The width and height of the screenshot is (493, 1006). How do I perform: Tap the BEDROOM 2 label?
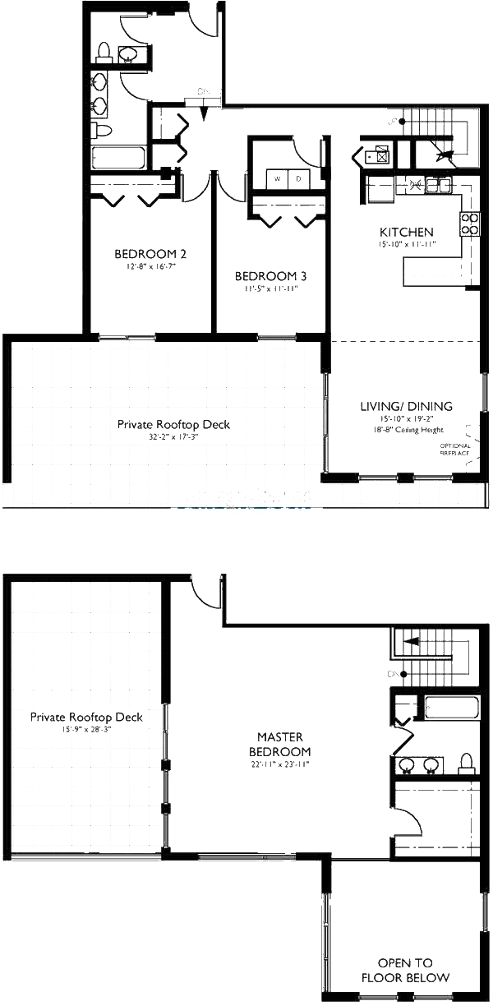click(x=145, y=253)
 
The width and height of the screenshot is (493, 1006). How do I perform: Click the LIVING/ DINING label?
click(x=406, y=406)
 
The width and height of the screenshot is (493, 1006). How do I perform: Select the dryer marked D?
click(x=298, y=178)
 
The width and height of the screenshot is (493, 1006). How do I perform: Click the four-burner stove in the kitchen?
click(x=470, y=224)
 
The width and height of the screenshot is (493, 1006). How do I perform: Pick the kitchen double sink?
click(x=432, y=186)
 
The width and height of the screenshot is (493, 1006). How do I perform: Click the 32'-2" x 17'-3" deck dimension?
click(x=173, y=437)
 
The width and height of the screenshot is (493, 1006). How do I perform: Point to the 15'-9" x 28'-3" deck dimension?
click(x=85, y=730)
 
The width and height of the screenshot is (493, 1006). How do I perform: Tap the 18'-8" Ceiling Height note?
click(x=406, y=429)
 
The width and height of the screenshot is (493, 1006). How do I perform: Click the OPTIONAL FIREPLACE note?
click(x=455, y=449)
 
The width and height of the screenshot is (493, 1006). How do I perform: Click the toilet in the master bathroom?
click(x=466, y=763)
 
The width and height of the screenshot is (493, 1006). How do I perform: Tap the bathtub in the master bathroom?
click(x=449, y=708)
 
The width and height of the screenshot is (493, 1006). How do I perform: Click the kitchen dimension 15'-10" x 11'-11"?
click(x=406, y=244)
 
